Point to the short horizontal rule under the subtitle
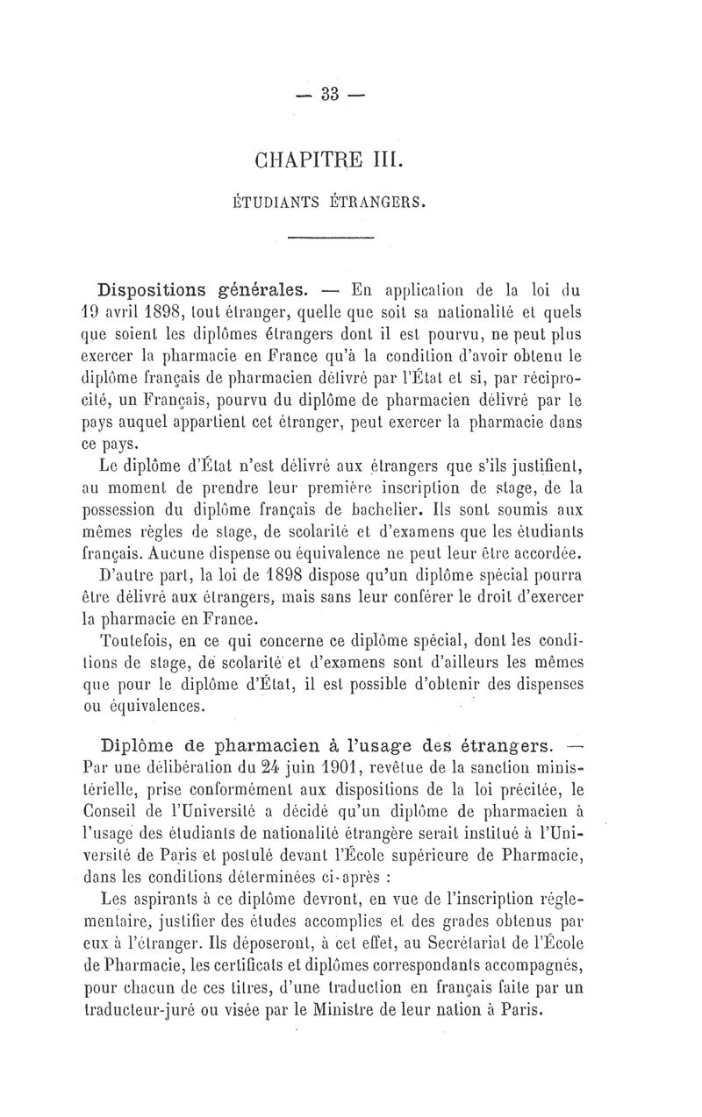click(x=331, y=238)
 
